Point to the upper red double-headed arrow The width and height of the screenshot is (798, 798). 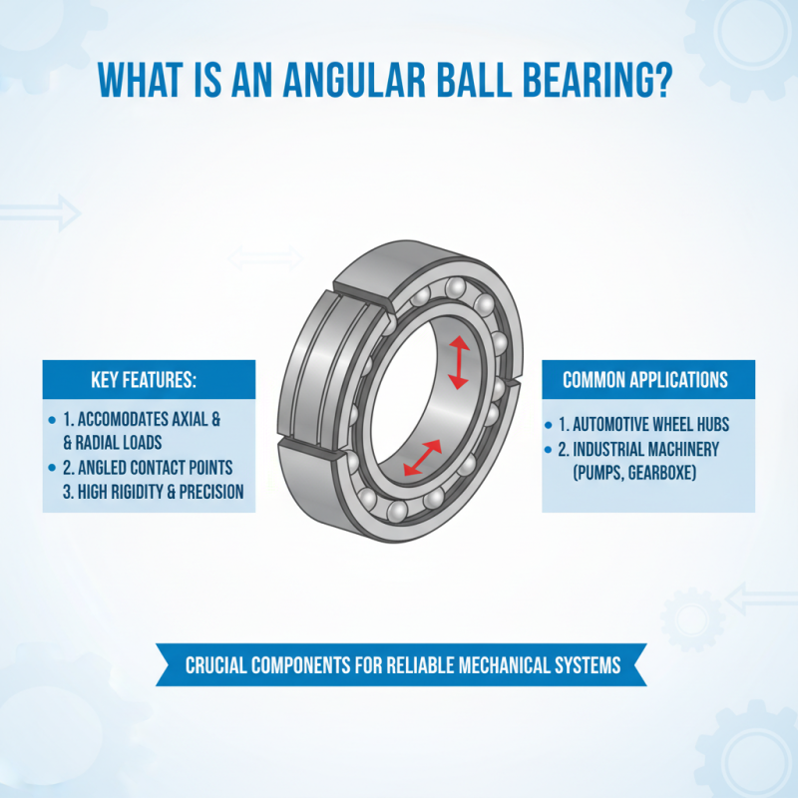click(x=458, y=362)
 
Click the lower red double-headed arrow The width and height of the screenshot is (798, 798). click(x=422, y=457)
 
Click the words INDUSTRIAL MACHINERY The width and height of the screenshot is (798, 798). click(x=651, y=450)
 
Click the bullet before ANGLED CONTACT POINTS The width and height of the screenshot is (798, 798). click(x=52, y=467)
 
